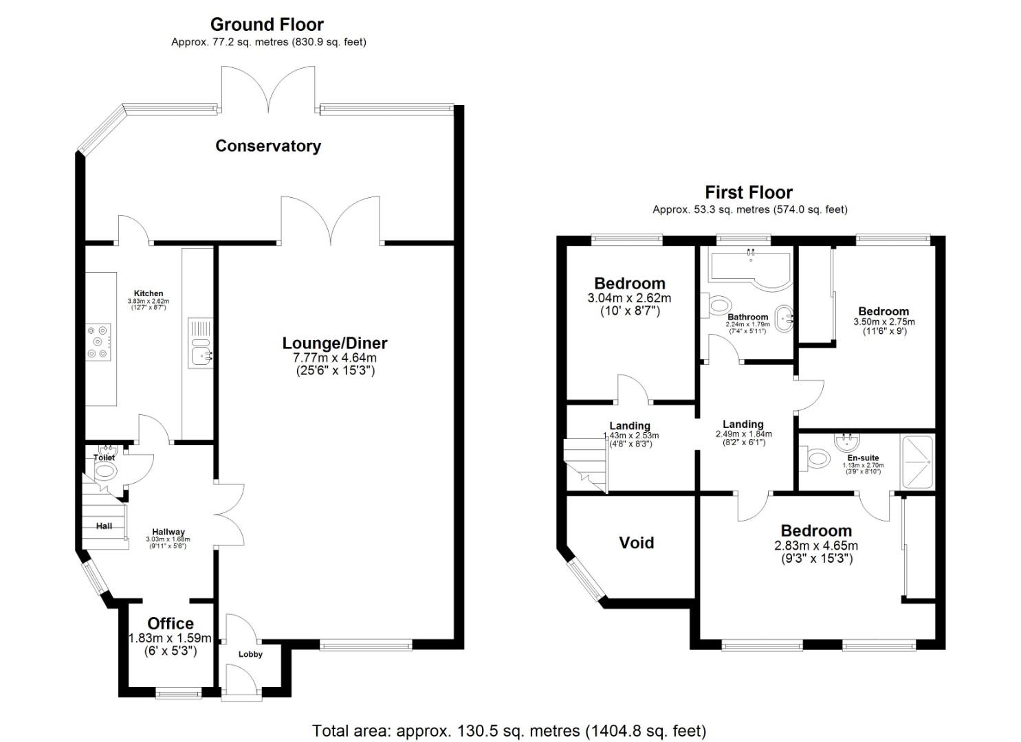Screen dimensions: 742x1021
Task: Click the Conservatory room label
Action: (268, 146)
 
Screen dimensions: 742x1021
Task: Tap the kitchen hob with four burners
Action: (100, 341)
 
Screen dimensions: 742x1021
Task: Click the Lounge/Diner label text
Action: (335, 343)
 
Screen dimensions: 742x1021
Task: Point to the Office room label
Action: (171, 623)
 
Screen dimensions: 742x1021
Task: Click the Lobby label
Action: (250, 654)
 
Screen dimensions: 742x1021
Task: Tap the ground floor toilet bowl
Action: (105, 471)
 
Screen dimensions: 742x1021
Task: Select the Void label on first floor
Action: (636, 543)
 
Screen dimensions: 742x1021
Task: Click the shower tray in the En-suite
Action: (916, 462)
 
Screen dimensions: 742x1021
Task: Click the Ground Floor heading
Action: (267, 25)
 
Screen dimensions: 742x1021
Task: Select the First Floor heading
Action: (749, 192)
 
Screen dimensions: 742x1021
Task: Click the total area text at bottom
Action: (509, 730)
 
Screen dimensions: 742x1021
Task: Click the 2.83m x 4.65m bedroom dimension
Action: (816, 546)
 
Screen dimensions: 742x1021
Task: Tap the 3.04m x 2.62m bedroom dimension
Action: (629, 298)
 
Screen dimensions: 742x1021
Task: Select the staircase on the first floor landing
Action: (585, 464)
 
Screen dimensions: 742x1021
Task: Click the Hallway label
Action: (168, 532)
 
